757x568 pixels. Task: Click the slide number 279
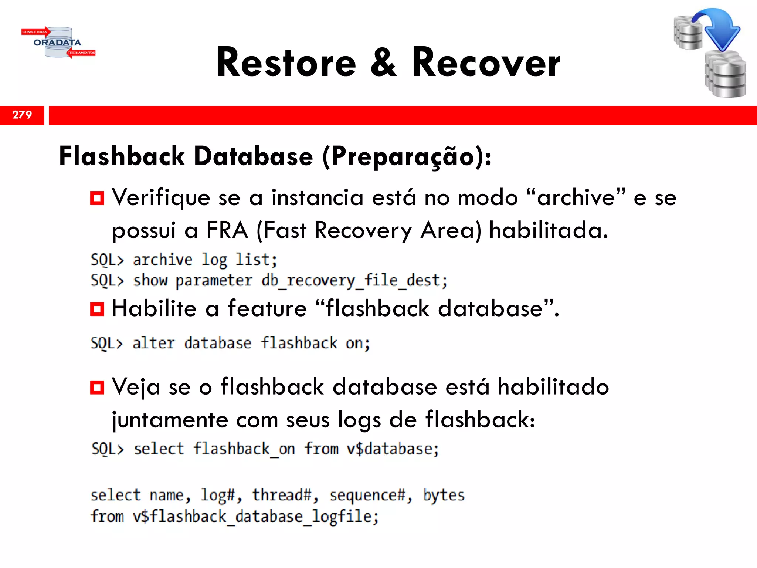(22, 115)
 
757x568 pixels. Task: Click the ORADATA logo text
(57, 43)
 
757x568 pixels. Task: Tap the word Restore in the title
(286, 63)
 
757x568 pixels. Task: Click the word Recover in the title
(486, 63)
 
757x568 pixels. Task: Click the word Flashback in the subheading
(122, 156)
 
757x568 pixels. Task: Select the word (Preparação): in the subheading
(407, 157)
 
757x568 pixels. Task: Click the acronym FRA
(227, 230)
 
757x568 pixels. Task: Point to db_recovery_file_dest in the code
(354, 281)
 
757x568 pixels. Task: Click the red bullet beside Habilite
(97, 309)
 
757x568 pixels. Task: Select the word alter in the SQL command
(153, 343)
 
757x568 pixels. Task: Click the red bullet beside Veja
(97, 388)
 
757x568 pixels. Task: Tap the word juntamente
(170, 420)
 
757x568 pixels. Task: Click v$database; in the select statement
(393, 449)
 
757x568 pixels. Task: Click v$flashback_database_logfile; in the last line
(256, 517)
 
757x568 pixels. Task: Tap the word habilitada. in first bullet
(549, 230)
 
